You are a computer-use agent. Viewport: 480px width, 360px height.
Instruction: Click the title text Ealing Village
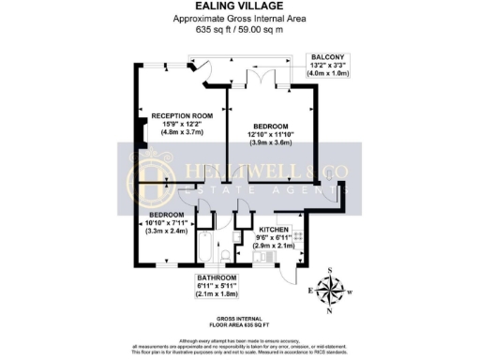[239, 7]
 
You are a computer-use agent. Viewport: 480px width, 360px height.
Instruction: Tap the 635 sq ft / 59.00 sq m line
[239, 30]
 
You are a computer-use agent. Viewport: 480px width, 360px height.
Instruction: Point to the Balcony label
[328, 57]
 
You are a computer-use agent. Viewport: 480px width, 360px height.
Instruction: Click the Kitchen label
[273, 229]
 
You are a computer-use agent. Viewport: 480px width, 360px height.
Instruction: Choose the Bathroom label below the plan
[217, 278]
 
